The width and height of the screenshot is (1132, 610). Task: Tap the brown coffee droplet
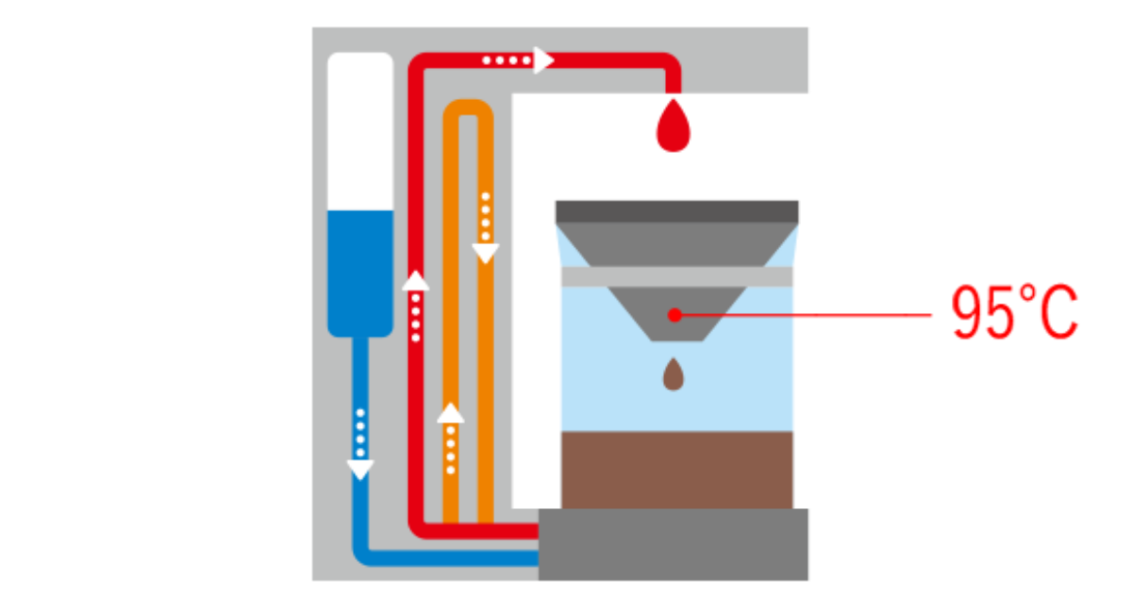tap(674, 376)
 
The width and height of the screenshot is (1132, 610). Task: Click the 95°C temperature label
tap(1014, 315)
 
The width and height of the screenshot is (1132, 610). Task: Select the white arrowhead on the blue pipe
tap(360, 469)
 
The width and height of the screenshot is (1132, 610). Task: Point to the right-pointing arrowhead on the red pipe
tap(543, 60)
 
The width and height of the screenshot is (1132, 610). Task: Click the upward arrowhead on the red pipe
tap(415, 279)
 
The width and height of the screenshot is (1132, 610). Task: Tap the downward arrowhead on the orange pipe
tap(485, 253)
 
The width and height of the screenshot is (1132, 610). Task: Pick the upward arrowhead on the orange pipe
tap(451, 413)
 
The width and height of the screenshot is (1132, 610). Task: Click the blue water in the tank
tap(359, 269)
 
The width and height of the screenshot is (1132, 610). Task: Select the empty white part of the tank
tap(359, 132)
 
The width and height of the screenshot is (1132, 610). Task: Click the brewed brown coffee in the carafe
tap(677, 470)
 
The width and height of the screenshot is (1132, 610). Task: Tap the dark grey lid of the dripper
tap(677, 210)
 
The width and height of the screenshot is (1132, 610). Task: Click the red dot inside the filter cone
tap(674, 315)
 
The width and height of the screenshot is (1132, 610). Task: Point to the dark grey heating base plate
tap(674, 545)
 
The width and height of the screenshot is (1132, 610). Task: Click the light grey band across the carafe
tap(677, 276)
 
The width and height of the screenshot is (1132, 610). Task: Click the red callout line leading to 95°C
tap(811, 315)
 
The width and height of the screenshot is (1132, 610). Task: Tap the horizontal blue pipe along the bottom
tap(443, 557)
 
